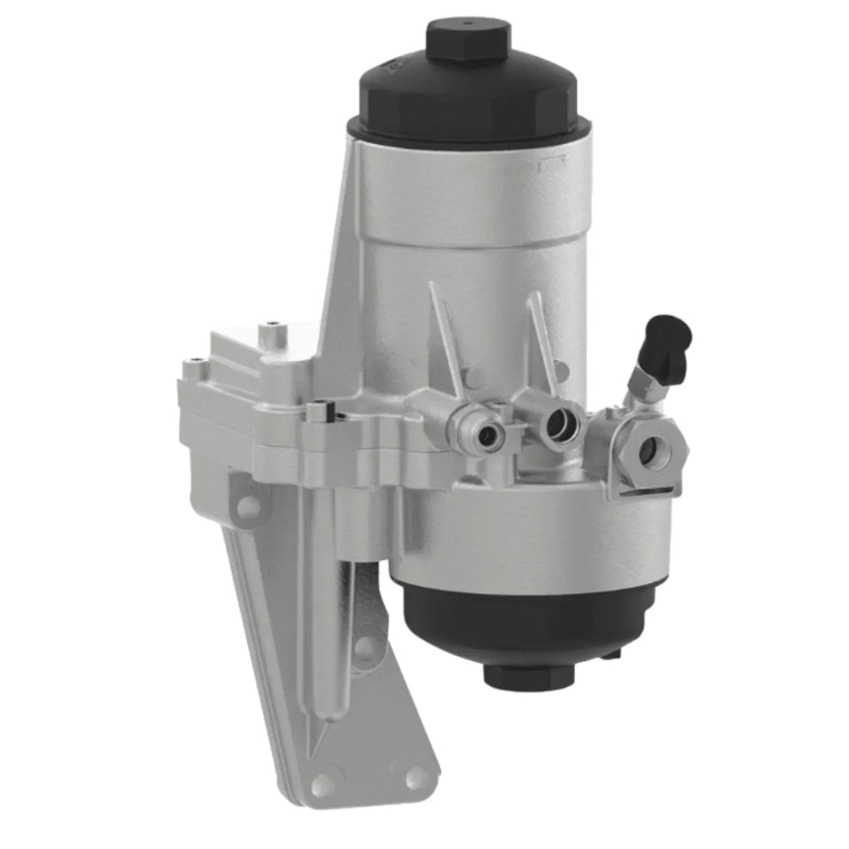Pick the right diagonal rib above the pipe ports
[542, 336]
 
